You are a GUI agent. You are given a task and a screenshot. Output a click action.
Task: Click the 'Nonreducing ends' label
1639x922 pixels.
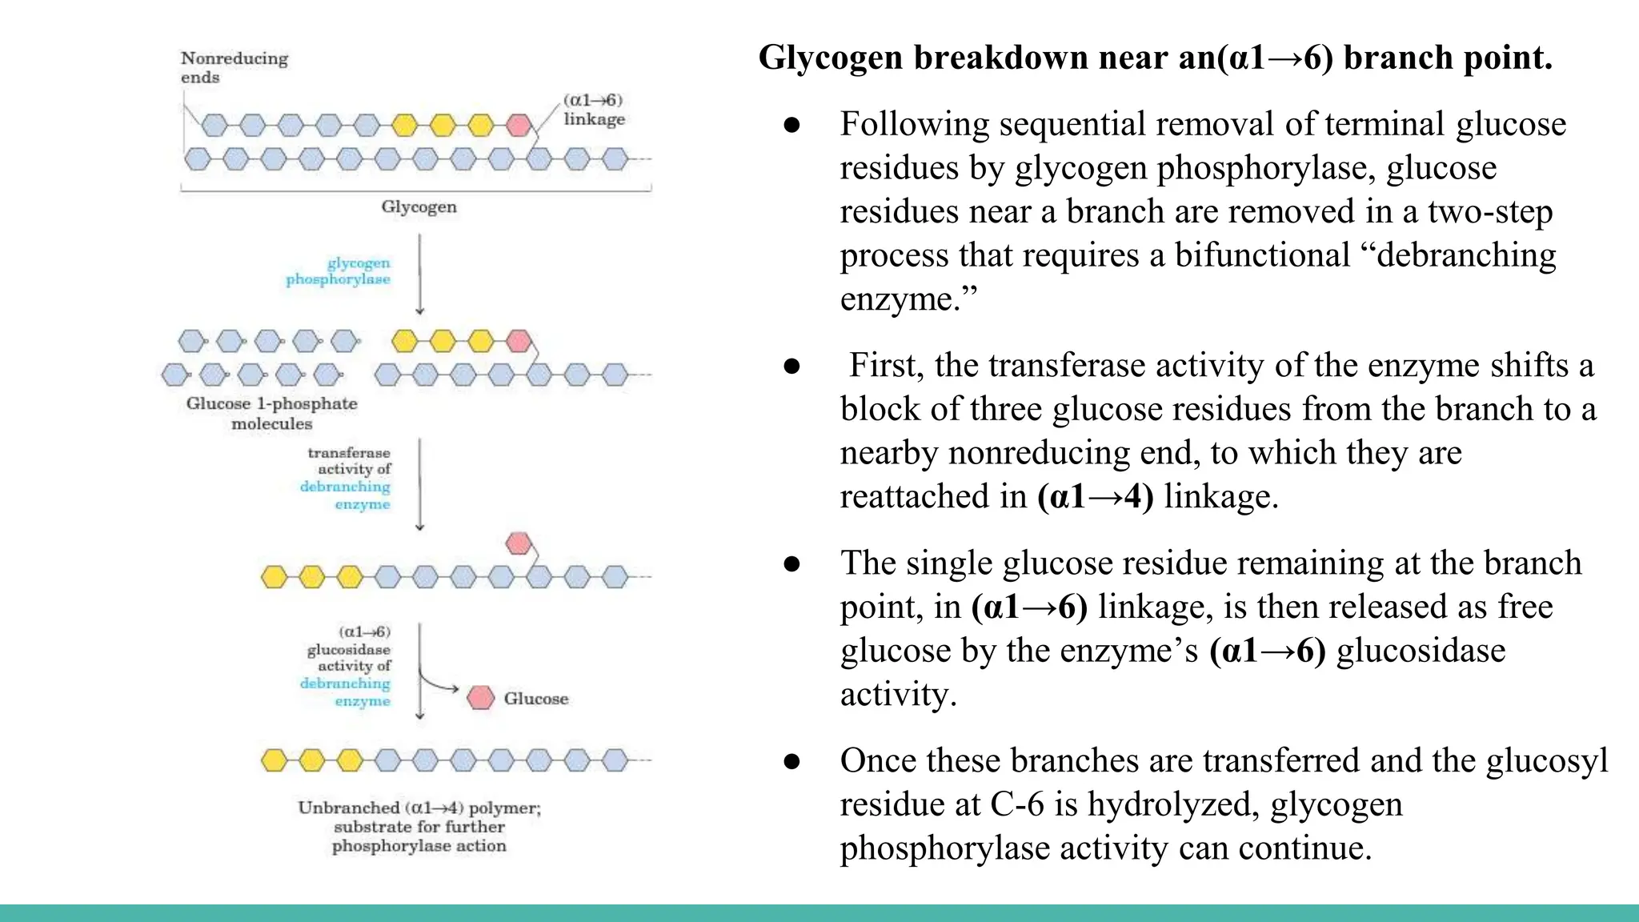point(234,67)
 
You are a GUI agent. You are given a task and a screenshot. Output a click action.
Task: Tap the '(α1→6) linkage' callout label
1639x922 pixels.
point(593,110)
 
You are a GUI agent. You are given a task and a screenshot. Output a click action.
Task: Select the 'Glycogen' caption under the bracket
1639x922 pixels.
point(419,207)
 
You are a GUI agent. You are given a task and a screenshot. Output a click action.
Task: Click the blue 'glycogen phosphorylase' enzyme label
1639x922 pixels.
point(339,271)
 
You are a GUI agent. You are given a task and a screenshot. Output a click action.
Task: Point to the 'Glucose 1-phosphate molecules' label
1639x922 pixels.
point(272,413)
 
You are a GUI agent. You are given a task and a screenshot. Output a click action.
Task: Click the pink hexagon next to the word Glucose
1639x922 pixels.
point(481,697)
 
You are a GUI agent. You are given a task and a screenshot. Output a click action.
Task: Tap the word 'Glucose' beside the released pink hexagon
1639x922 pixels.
point(536,699)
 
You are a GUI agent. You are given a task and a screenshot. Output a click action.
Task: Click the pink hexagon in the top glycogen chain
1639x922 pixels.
point(519,125)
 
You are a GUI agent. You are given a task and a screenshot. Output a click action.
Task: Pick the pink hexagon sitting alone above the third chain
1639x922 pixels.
point(519,543)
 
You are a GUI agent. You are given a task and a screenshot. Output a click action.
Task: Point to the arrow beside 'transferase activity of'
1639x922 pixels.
point(420,483)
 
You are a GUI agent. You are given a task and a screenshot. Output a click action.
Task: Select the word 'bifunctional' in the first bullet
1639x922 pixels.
point(1262,255)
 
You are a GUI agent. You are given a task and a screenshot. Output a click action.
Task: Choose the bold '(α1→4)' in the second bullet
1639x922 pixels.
point(1095,496)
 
